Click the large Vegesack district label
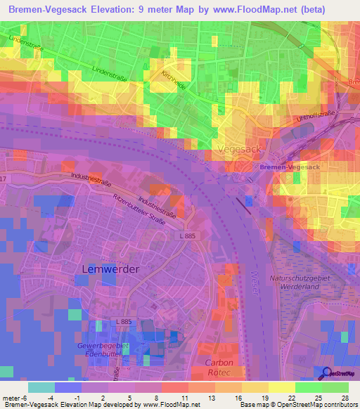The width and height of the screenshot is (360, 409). click(240, 150)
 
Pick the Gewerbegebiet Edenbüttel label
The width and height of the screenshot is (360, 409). click(103, 351)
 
